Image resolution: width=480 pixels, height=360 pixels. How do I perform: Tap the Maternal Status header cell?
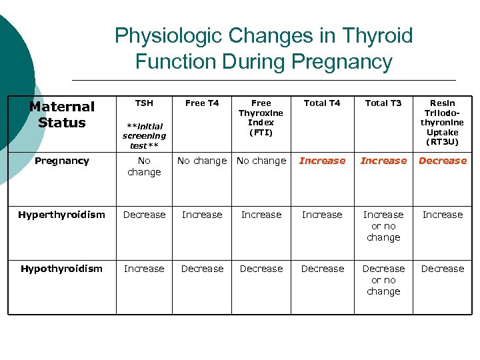click(62, 115)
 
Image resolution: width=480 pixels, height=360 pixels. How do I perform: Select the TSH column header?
click(144, 103)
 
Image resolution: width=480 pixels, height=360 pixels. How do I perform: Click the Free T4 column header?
click(202, 103)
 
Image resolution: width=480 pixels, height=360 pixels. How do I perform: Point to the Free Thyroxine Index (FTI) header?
click(261, 118)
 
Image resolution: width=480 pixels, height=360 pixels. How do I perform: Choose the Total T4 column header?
click(322, 103)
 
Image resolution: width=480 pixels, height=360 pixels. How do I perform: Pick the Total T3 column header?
click(383, 103)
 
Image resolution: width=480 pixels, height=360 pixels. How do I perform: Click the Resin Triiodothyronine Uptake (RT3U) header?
click(442, 123)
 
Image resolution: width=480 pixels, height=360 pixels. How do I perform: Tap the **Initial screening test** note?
click(144, 135)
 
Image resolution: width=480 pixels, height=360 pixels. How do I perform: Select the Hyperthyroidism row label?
click(62, 215)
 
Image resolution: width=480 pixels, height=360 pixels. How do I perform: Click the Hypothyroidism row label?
click(62, 269)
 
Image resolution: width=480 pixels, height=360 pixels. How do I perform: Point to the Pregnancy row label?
click(62, 161)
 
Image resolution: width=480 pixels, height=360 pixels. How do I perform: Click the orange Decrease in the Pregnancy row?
click(442, 161)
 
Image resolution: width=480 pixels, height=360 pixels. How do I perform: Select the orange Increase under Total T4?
click(322, 161)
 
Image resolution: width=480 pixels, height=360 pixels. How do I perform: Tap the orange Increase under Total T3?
click(383, 161)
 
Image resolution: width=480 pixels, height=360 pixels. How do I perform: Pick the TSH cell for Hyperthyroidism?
click(144, 215)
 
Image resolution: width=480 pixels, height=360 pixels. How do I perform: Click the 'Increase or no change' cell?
click(383, 226)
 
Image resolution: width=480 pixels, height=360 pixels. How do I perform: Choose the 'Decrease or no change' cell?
click(383, 280)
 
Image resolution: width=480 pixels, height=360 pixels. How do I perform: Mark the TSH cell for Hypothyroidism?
click(144, 269)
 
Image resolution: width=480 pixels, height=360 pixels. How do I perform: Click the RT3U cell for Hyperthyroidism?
click(442, 215)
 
